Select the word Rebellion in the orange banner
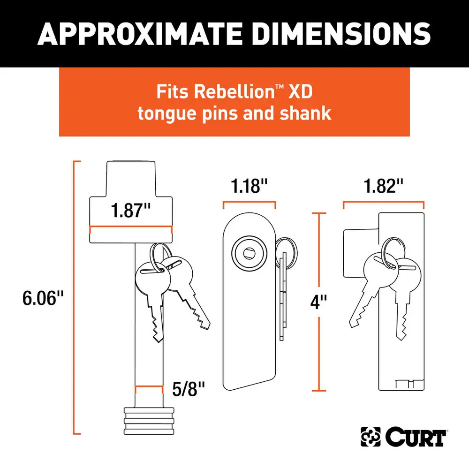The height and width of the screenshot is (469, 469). (x=234, y=91)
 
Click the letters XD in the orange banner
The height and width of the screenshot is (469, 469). (x=300, y=91)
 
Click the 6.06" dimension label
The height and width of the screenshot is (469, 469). (x=43, y=298)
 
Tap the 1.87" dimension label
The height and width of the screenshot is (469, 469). (x=131, y=210)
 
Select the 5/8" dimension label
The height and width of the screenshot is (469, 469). (x=189, y=389)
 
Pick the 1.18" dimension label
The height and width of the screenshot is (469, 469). (x=249, y=186)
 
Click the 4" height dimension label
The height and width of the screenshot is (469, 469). (x=318, y=302)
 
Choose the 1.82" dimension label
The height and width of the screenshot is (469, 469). (x=384, y=186)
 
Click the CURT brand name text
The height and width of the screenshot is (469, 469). (x=416, y=437)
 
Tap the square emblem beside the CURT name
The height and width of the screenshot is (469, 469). (x=371, y=437)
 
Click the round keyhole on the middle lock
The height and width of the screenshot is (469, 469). (x=249, y=254)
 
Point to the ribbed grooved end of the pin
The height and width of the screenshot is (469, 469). (x=149, y=421)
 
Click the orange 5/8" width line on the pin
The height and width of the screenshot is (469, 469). (x=149, y=386)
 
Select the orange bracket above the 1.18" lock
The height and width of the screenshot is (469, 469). (x=249, y=202)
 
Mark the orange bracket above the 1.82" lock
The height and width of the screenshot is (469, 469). (x=384, y=202)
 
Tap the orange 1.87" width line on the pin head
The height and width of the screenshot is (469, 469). (x=131, y=227)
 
